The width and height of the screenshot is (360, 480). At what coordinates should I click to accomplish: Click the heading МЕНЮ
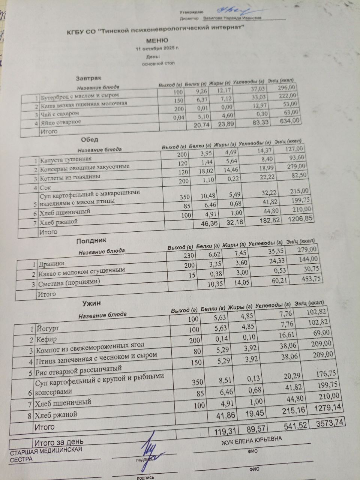(x=157, y=40)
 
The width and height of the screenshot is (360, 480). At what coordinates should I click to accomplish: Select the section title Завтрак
(x=88, y=78)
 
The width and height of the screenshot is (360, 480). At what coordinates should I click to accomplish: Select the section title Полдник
(x=91, y=240)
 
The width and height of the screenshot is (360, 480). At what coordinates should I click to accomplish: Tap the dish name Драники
(x=51, y=264)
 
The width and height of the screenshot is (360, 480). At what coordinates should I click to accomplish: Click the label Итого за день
(x=59, y=441)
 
